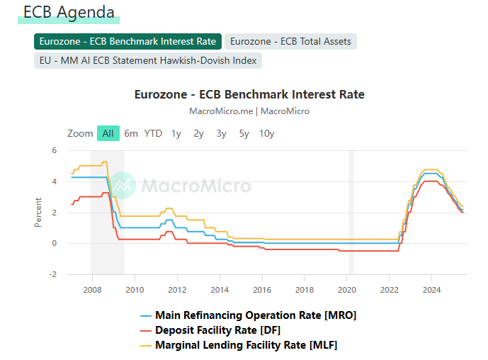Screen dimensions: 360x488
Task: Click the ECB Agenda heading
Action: [x=69, y=12]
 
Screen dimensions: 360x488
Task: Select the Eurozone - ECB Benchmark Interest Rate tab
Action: [x=127, y=42]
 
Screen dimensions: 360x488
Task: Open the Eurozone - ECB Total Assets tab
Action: [x=290, y=42]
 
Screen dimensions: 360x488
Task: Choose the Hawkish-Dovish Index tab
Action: [x=147, y=60]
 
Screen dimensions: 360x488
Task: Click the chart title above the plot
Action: [x=249, y=94]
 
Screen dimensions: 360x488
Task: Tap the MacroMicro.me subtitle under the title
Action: [x=249, y=111]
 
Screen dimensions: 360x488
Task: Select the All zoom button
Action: [x=108, y=133]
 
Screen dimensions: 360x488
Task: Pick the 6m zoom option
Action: [x=131, y=133]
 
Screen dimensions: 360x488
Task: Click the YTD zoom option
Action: [x=153, y=133]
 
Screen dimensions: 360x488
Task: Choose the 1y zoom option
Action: [x=176, y=133]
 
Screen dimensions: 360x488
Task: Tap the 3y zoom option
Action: [x=221, y=133]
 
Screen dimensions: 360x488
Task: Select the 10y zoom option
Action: [x=266, y=133]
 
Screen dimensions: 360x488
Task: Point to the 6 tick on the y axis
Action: [x=54, y=150]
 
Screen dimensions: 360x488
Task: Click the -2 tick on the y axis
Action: [x=52, y=274]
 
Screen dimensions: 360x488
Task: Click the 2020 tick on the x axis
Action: [x=347, y=290]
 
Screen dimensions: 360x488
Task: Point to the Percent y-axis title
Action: [x=38, y=212]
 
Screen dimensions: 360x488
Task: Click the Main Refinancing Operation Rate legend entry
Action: [x=255, y=315]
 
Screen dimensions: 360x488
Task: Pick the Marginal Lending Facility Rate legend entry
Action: [x=246, y=345]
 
